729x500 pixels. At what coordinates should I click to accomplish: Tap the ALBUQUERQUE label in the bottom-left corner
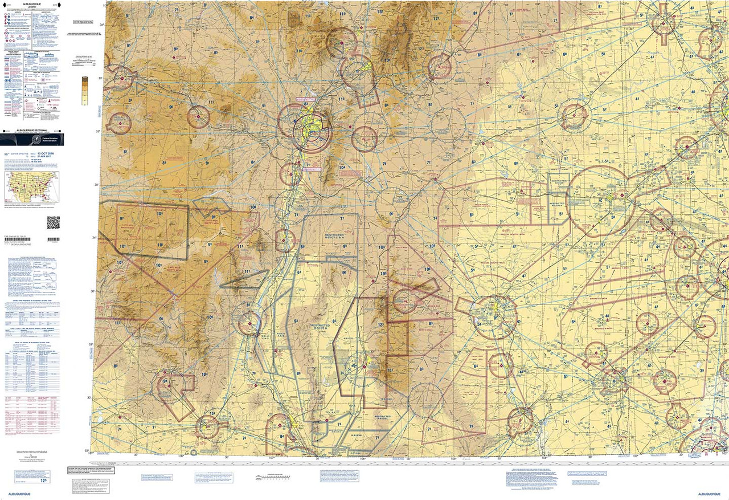[x=19, y=494]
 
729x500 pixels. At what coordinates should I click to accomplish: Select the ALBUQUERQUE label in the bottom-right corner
[x=711, y=494]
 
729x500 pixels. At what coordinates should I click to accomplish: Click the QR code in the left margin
[x=53, y=222]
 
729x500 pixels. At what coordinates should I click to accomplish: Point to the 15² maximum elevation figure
[x=212, y=413]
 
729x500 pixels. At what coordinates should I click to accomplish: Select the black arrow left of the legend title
[x=7, y=3]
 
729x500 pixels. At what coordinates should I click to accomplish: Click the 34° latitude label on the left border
[x=95, y=238]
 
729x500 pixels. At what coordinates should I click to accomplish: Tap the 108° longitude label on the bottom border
[x=181, y=456]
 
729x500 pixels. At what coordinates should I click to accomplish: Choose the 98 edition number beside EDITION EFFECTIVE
[x=7, y=155]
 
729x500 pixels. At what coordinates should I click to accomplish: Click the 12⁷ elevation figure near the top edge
[x=436, y=19]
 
